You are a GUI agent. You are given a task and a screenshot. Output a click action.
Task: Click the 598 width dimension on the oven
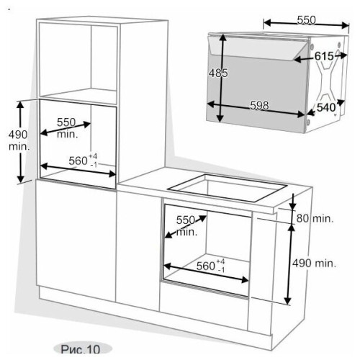click(x=259, y=105)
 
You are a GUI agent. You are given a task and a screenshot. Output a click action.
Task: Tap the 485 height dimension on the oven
click(x=218, y=73)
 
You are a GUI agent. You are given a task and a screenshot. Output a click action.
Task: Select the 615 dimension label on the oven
click(x=324, y=56)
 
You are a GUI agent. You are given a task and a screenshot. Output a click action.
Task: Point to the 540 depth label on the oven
click(x=325, y=107)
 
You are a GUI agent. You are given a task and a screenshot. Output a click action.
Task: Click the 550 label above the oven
click(x=306, y=20)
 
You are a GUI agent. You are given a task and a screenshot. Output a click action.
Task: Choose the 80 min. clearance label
click(x=315, y=218)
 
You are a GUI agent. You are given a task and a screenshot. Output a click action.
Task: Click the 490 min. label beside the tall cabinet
click(x=19, y=140)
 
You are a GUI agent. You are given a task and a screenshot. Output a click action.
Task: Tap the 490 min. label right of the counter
click(x=314, y=264)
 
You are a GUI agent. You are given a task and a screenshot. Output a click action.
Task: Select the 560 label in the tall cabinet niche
click(x=78, y=161)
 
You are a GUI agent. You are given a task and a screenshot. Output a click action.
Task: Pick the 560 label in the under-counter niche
click(x=206, y=266)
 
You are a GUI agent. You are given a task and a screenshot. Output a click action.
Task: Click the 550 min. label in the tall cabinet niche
click(x=67, y=128)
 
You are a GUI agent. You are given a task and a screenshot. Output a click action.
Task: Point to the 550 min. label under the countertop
click(x=186, y=225)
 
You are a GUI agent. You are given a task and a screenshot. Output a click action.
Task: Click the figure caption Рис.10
click(x=81, y=349)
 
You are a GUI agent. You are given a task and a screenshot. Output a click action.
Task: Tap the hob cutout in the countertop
click(x=228, y=188)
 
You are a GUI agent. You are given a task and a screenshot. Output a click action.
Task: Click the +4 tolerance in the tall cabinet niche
click(x=93, y=156)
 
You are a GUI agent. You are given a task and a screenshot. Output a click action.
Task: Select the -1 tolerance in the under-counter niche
click(x=221, y=270)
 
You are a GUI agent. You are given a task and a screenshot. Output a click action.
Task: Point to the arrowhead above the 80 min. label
click(x=292, y=206)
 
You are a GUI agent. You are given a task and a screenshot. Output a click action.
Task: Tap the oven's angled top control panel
click(x=258, y=48)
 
